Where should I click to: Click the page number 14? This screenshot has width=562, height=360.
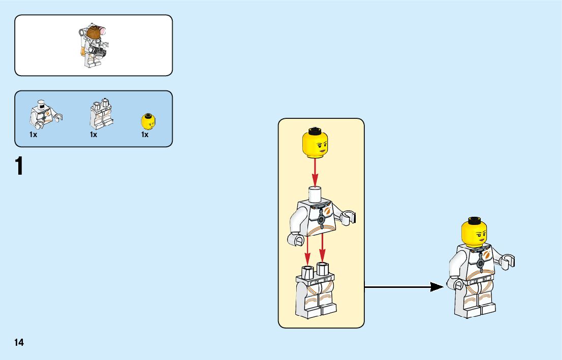[x=19, y=342]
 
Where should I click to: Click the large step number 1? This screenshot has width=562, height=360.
[x=19, y=167]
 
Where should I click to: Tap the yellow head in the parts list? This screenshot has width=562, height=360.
[x=147, y=122]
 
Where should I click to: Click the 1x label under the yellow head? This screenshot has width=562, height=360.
[x=145, y=135]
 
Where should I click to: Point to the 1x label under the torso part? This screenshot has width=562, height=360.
[x=34, y=135]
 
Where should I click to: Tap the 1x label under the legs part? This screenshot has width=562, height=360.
[x=93, y=135]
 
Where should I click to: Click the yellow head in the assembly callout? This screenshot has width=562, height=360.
[x=315, y=143]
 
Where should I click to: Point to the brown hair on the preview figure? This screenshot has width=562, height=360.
[x=93, y=35]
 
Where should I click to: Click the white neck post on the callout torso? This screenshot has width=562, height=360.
[x=315, y=193]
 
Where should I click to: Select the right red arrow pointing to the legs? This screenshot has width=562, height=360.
[x=322, y=249]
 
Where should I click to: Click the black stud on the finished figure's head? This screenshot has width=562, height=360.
[x=475, y=220]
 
